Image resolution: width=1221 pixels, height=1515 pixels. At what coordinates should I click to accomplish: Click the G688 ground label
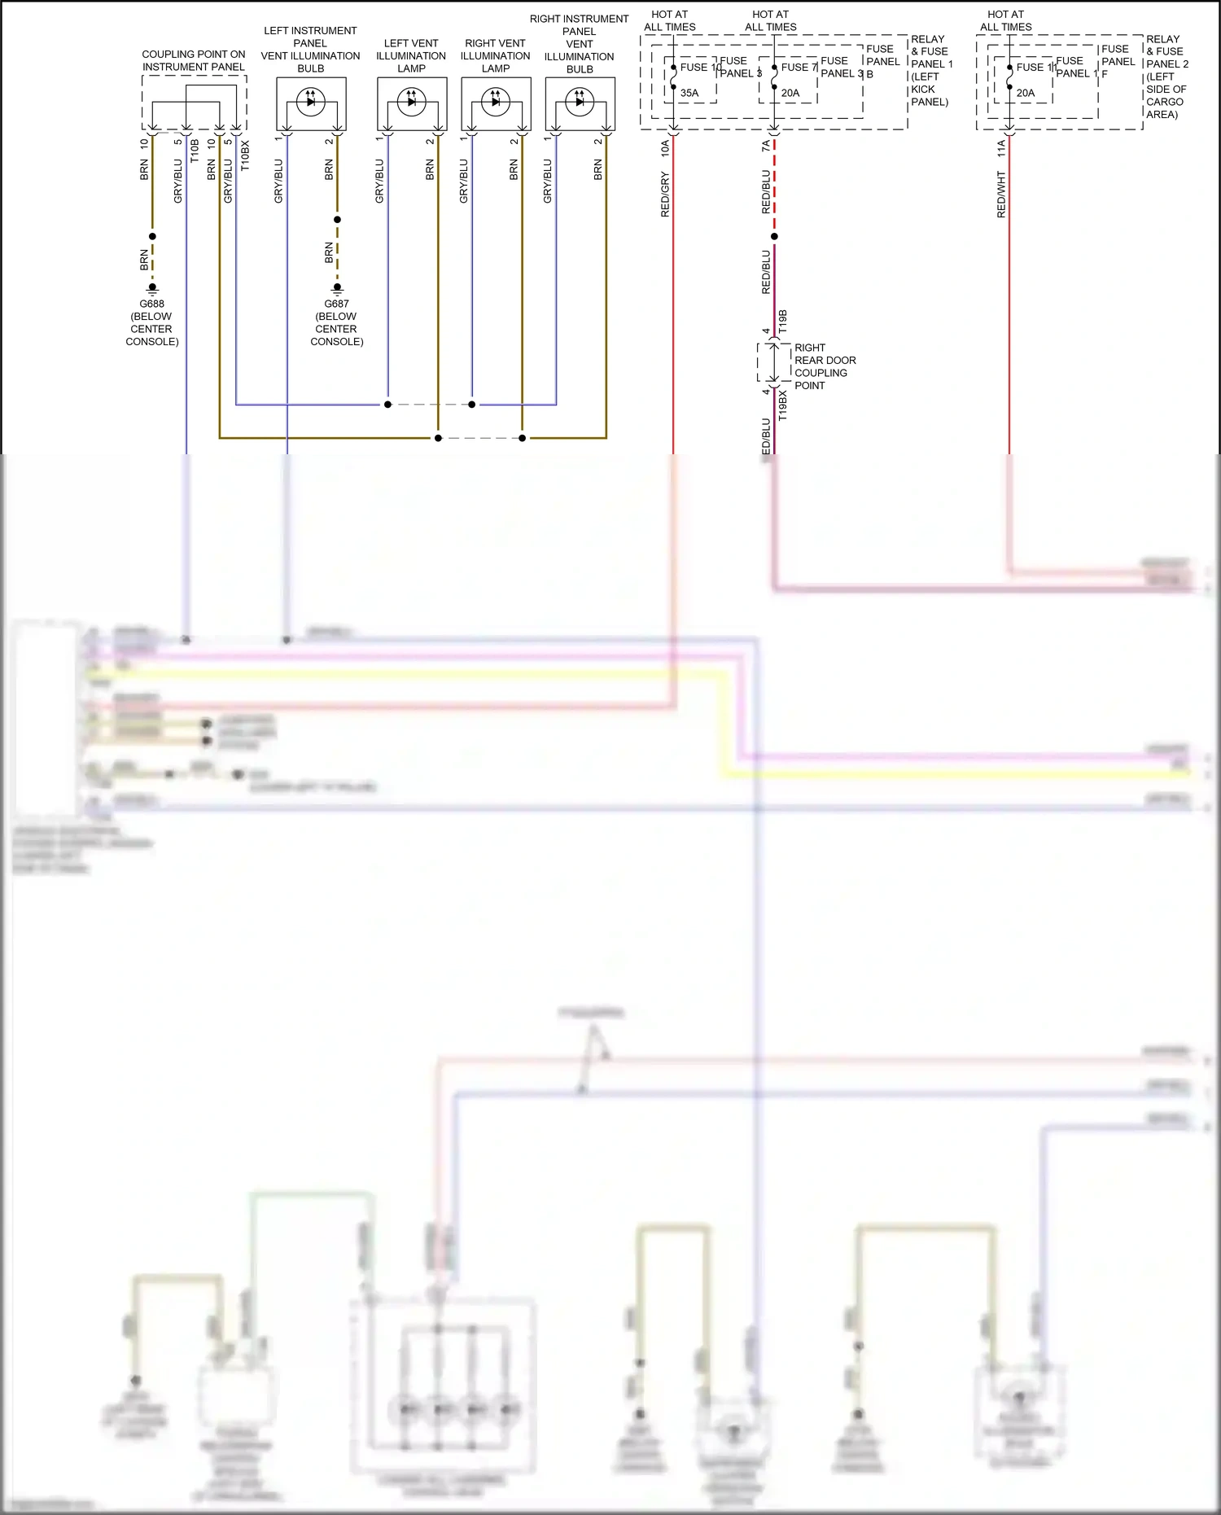(x=152, y=304)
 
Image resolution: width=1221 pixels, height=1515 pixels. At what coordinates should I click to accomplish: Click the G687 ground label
(x=336, y=304)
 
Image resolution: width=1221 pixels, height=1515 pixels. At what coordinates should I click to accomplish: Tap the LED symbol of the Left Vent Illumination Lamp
(x=411, y=101)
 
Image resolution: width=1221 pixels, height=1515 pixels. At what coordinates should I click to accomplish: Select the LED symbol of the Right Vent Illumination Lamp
(x=495, y=101)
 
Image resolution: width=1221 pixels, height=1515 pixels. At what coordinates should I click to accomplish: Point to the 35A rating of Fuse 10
(x=689, y=93)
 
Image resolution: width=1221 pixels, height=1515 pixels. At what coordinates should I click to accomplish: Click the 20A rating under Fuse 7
(x=790, y=93)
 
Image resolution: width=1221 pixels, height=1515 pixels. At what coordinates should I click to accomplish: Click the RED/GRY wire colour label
(x=665, y=194)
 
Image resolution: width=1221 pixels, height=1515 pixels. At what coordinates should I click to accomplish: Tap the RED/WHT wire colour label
(x=1001, y=194)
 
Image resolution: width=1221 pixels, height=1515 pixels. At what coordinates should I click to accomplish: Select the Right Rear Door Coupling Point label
(x=825, y=366)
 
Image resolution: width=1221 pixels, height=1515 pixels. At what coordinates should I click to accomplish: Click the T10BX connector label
(x=245, y=155)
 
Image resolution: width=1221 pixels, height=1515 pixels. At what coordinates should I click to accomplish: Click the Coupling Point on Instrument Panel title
(x=194, y=60)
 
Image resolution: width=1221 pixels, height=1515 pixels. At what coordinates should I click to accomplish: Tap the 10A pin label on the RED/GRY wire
(x=665, y=147)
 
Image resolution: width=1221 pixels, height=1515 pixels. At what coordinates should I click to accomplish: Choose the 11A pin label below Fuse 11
(x=1001, y=147)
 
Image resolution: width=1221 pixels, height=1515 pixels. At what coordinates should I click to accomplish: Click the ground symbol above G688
(x=152, y=288)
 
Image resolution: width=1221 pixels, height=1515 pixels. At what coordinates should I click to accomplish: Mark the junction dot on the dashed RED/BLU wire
(x=774, y=237)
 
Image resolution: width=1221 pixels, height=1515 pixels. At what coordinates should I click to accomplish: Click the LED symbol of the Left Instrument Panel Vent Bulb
(x=310, y=101)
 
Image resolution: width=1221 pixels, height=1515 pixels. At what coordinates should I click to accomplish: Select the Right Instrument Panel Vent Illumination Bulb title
(x=579, y=44)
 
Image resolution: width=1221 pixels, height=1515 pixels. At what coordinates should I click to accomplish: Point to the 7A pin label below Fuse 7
(x=766, y=146)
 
